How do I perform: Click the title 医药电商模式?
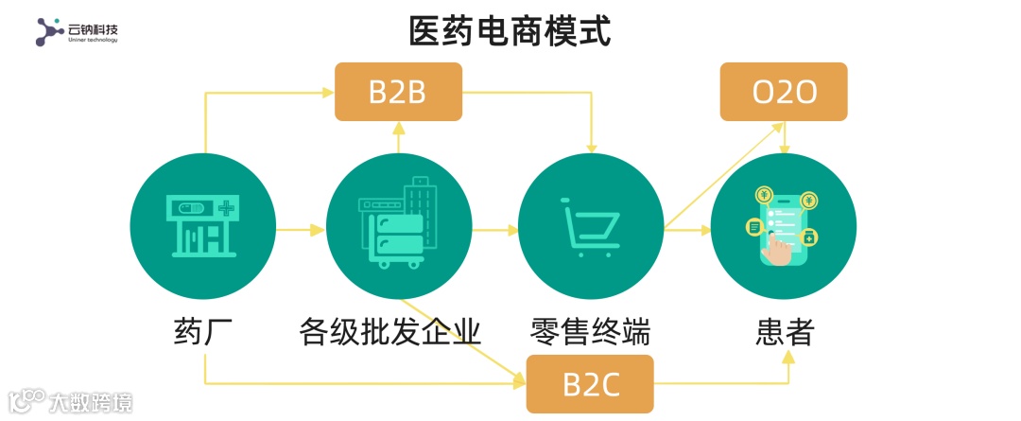(x=510, y=31)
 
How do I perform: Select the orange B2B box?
(x=398, y=92)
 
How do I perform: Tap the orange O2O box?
(x=783, y=92)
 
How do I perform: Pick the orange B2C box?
(x=590, y=384)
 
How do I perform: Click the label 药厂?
(x=203, y=331)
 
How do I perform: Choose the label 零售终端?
(x=590, y=331)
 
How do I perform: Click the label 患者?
(x=785, y=331)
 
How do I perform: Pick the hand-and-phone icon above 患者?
(x=783, y=227)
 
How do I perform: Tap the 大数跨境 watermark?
(x=90, y=402)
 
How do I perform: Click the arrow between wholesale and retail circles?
(x=495, y=229)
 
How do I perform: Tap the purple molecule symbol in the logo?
(x=49, y=32)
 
